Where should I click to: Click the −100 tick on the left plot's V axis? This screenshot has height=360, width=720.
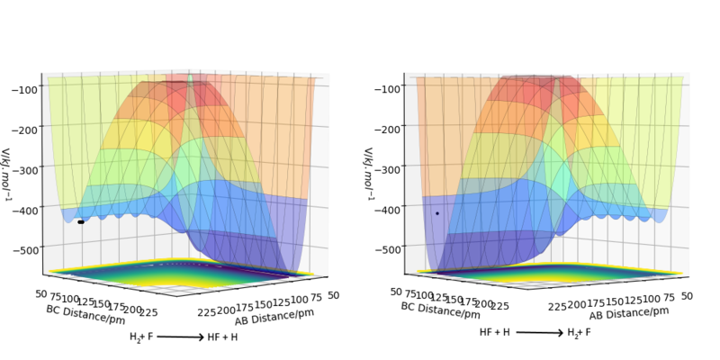click(x=23, y=89)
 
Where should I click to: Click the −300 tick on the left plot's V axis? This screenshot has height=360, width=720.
click(x=23, y=169)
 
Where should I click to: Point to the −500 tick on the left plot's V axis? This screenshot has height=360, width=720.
click(x=23, y=249)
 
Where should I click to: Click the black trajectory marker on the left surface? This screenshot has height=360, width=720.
click(x=80, y=221)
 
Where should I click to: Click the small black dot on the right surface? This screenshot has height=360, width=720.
click(x=437, y=213)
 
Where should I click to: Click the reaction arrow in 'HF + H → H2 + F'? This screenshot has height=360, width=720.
click(x=539, y=333)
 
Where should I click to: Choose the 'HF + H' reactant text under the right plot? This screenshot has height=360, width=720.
click(x=495, y=332)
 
